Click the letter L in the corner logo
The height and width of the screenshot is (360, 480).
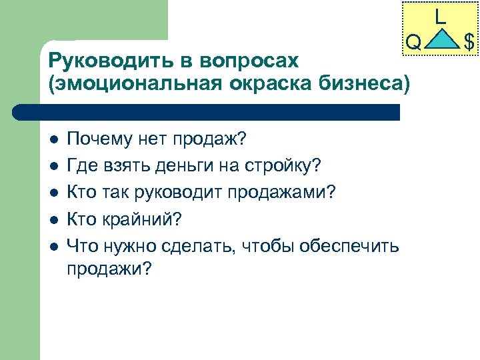[x=440, y=17]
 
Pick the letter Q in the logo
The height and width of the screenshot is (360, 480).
[x=413, y=43]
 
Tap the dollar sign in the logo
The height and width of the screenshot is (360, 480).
[x=469, y=43]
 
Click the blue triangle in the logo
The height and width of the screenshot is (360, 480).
[x=441, y=39]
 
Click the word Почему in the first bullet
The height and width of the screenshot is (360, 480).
[x=100, y=139]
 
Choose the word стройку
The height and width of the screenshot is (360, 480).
[x=284, y=166]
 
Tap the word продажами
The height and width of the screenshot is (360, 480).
[x=284, y=193]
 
